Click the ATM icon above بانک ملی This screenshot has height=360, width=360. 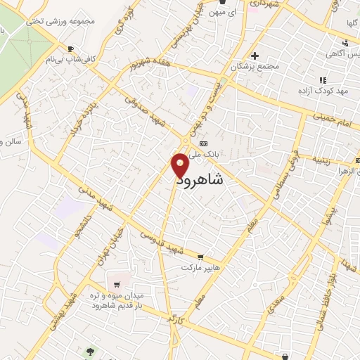point(204,143)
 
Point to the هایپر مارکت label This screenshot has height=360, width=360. point(201,268)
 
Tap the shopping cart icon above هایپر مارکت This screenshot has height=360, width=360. point(202,258)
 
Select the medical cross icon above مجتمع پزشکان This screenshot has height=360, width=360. point(255,56)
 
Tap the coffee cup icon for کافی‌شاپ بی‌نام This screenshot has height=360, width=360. point(70,49)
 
